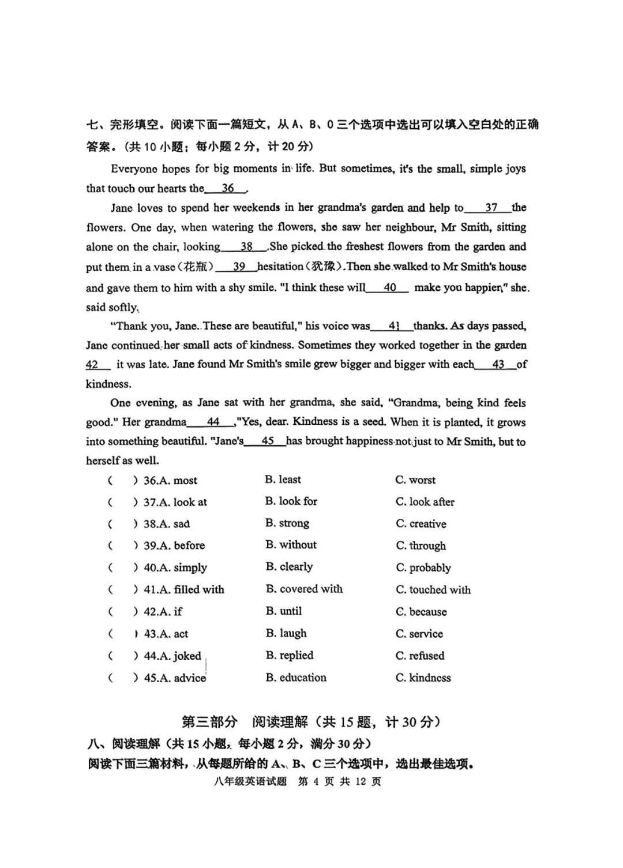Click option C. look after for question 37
(x=425, y=502)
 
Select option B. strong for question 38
(x=287, y=523)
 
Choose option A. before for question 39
(x=174, y=545)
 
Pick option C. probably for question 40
(x=423, y=568)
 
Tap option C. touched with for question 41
(x=433, y=590)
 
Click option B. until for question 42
(x=284, y=611)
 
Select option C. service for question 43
(x=419, y=634)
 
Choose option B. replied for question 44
(x=290, y=656)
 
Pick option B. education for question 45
(x=296, y=678)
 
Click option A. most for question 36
(x=170, y=481)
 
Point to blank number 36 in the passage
(x=227, y=189)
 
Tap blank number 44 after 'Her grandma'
(x=212, y=422)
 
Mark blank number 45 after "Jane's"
(x=267, y=442)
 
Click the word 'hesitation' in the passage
(x=280, y=267)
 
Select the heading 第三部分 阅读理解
(x=311, y=722)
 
